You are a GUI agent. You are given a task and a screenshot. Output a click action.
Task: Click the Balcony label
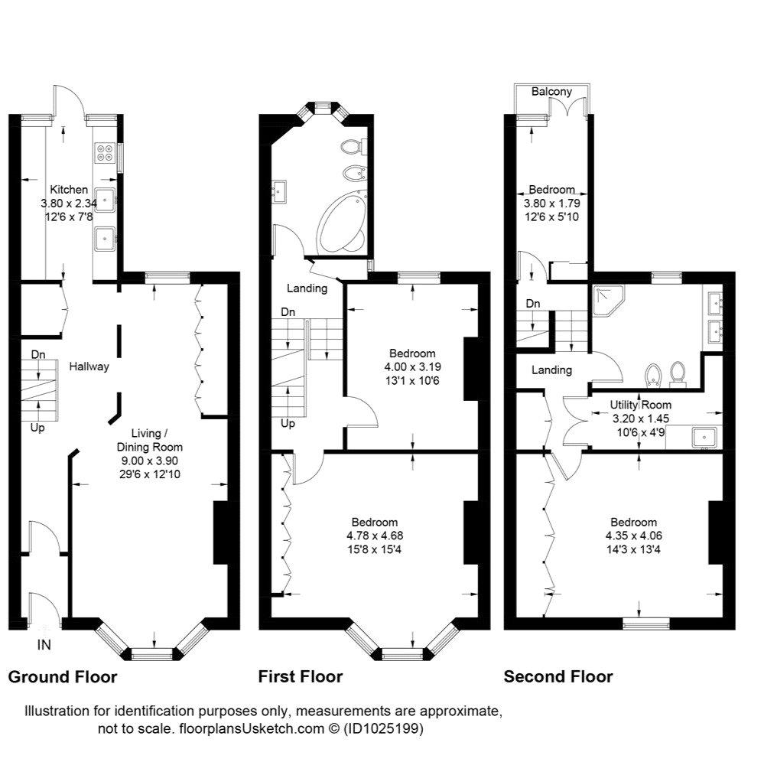pos(551,92)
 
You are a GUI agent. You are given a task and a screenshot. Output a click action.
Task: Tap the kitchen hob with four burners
pos(104,152)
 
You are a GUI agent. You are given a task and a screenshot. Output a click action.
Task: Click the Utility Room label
pos(640,405)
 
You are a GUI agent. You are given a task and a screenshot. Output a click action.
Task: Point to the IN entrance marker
pos(44,645)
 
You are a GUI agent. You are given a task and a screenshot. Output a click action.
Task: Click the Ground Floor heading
pos(63,677)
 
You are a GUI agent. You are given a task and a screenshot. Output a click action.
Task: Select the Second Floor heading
pos(558,677)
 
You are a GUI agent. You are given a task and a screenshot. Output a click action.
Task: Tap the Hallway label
pos(89,367)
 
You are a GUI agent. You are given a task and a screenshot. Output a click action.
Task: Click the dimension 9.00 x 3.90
pos(150,461)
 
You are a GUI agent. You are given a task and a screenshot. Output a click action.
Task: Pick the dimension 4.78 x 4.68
pos(375,536)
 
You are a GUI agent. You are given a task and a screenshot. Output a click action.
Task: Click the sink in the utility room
pos(704,437)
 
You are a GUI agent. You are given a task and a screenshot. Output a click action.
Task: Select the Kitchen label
pos(69,190)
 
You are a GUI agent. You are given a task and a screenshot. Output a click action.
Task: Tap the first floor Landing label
pos(307,288)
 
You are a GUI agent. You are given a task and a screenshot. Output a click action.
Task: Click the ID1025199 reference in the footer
pos(382,729)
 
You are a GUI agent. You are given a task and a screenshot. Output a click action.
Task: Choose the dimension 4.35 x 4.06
pos(634,536)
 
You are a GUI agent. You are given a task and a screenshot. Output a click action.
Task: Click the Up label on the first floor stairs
pos(288,424)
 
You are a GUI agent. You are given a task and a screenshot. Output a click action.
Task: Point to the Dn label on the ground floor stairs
pos(38,355)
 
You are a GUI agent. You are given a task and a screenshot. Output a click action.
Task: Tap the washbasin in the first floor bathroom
pos(279,191)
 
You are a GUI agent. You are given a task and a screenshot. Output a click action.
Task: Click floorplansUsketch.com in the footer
pos(251,729)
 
